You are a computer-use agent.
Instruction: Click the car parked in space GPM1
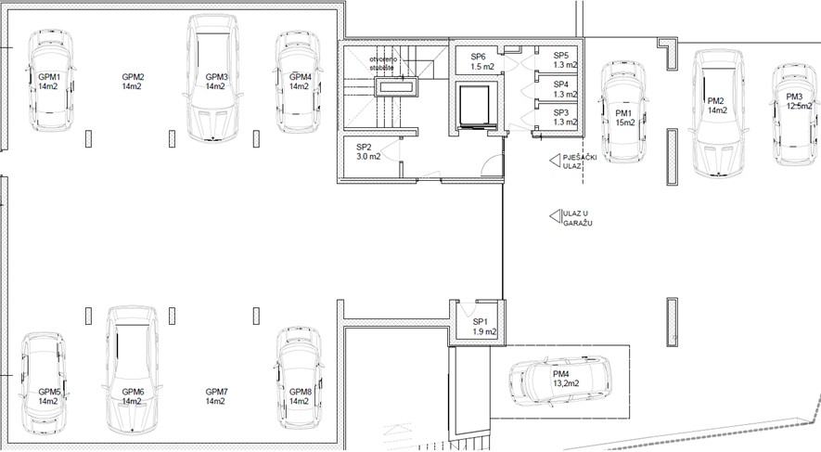[x=49, y=80]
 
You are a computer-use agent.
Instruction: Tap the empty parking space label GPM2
[x=133, y=82]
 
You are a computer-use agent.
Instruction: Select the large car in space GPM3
[x=212, y=78]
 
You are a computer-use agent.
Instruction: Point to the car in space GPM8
[x=299, y=379]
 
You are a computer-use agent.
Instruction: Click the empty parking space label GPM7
[x=216, y=396]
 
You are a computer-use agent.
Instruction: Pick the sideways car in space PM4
[x=560, y=381]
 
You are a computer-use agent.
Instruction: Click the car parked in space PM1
[x=622, y=112]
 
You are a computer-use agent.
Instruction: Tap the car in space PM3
[x=795, y=115]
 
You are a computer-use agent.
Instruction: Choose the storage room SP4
[x=558, y=88]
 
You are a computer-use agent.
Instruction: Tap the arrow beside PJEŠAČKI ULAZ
[x=555, y=161]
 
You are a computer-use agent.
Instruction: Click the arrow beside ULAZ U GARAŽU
[x=555, y=215]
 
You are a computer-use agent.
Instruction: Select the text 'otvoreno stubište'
[x=383, y=63]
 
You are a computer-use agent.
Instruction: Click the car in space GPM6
[x=132, y=369]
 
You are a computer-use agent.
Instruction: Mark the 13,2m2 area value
[x=566, y=383]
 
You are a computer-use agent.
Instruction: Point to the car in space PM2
[x=718, y=113]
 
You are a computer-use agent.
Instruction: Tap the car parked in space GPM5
[x=44, y=383]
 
